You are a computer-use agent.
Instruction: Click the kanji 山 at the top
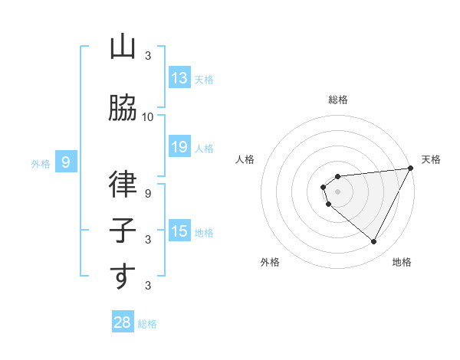point(123,47)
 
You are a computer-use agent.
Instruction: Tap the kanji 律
point(123,185)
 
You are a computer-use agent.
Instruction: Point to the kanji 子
point(123,231)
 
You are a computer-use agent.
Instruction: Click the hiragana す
point(123,277)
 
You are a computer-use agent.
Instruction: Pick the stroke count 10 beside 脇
point(148,116)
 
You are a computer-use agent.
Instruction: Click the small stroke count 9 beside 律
point(148,194)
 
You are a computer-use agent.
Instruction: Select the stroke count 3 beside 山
point(148,56)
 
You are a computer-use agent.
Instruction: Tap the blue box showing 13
point(179,78)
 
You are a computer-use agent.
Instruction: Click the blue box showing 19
point(179,147)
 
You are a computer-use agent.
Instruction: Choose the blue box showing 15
point(179,231)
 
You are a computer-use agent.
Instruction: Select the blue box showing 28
point(123,322)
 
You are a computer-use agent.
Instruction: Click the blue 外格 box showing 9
point(66,162)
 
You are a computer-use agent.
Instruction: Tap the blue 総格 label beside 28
point(147,324)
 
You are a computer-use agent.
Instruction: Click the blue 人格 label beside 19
point(203,148)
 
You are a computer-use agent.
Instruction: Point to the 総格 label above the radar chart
point(338,100)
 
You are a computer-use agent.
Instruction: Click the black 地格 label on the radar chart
point(402,262)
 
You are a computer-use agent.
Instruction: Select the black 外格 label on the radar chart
point(270,262)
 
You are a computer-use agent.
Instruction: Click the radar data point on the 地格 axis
point(374,242)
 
